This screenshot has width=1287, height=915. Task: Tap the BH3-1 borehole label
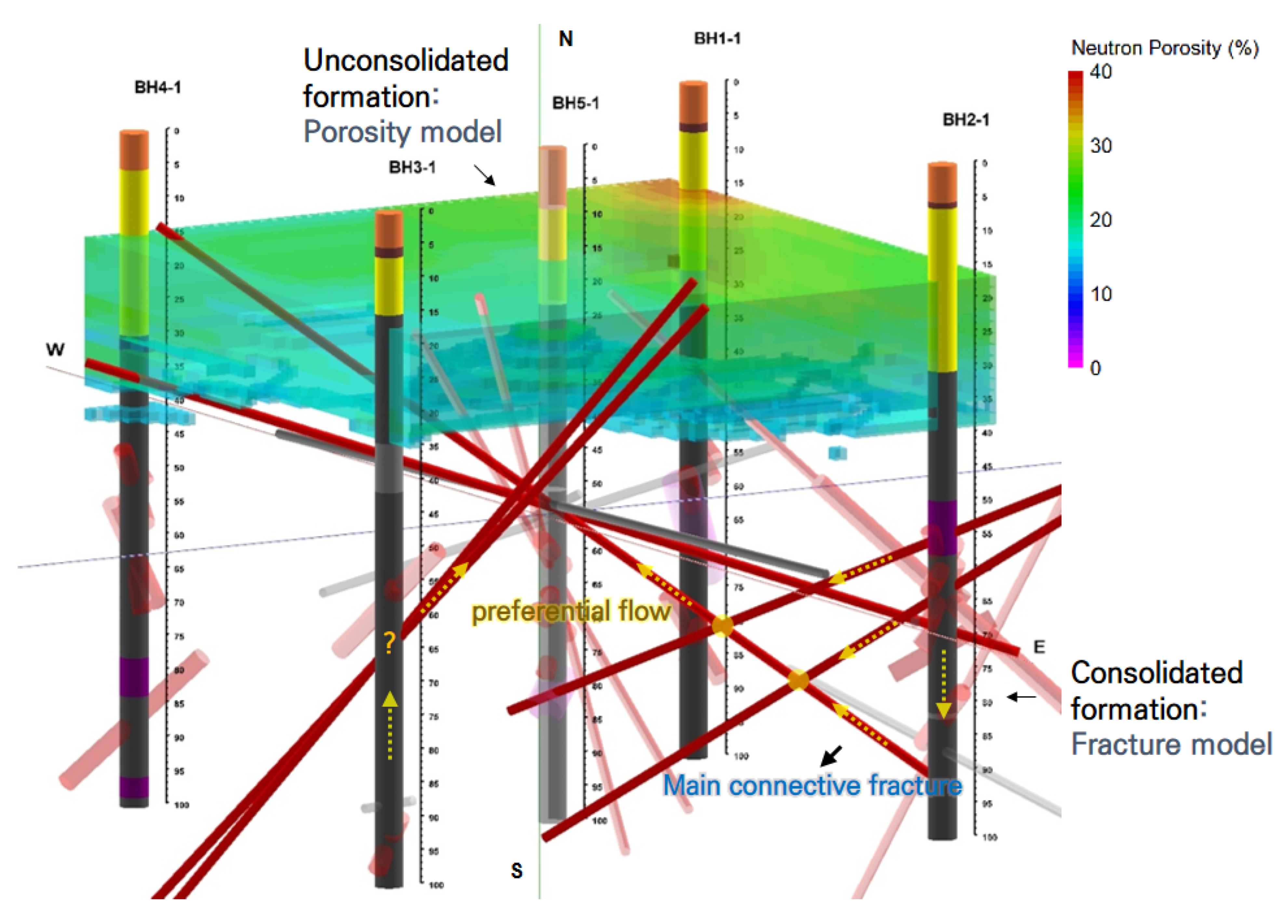pos(412,167)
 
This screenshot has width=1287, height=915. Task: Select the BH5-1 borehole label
pos(575,103)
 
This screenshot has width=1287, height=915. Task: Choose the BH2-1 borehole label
pos(965,120)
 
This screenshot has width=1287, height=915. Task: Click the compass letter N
pos(566,39)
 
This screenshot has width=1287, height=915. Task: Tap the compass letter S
pos(516,870)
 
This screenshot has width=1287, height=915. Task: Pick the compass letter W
pos(55,350)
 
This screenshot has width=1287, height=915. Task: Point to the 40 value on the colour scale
pos(1101,72)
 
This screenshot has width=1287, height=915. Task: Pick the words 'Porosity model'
pos(402,132)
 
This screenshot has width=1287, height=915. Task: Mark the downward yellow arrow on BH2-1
pos(944,685)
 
